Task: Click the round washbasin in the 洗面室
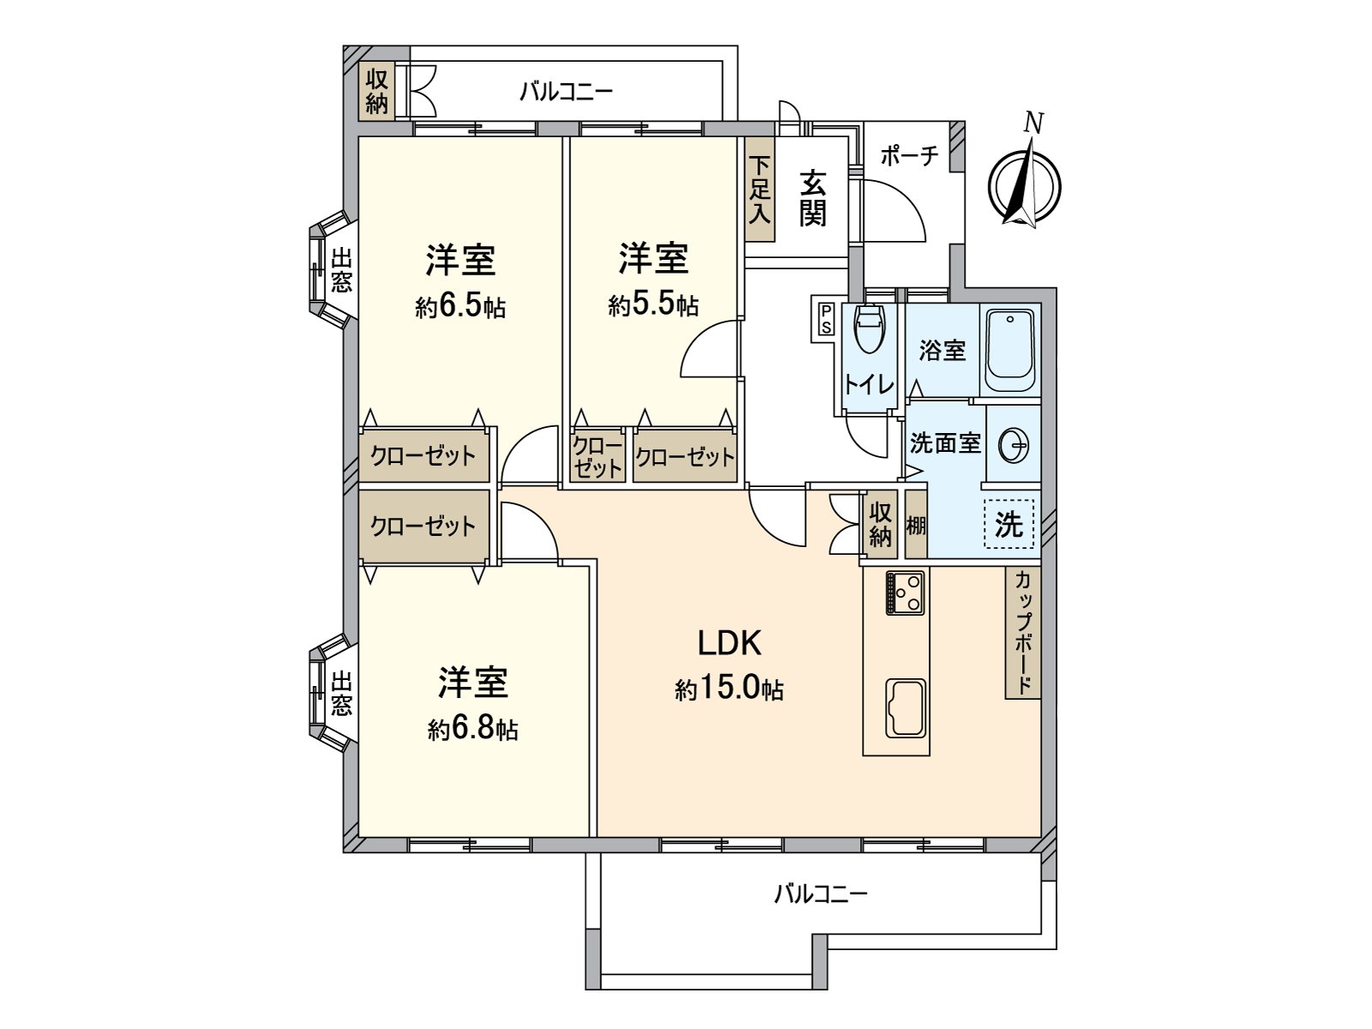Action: pos(1014,445)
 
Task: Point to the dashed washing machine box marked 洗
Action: pos(1009,524)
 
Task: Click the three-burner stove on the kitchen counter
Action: pos(906,592)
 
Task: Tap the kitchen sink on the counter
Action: pos(906,707)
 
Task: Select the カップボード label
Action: pos(1023,632)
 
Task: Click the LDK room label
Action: pos(729,642)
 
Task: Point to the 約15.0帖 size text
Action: pos(729,689)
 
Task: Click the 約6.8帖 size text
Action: pos(473,730)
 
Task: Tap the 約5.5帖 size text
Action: pos(653,305)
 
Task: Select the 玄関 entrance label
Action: pos(813,198)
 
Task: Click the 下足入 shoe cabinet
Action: pos(759,190)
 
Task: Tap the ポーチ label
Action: pos(910,156)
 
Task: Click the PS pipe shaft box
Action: pos(826,318)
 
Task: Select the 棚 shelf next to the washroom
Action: pos(916,524)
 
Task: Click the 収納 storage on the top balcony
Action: pos(376,93)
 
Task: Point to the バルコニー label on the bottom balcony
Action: pos(821,895)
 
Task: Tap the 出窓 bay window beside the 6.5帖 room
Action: pos(337,270)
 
